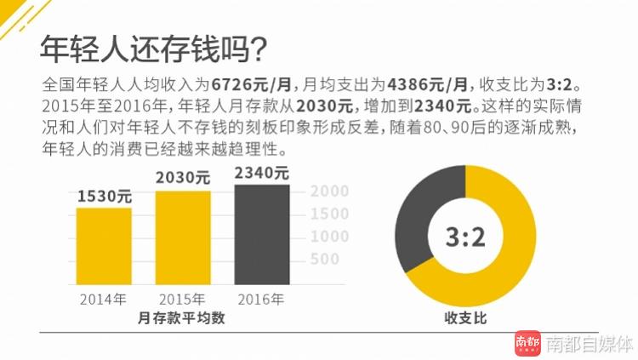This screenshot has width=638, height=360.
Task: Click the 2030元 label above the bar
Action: coord(183,178)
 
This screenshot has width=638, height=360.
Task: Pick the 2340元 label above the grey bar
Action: coord(262,173)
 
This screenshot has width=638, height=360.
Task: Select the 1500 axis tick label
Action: coord(332,214)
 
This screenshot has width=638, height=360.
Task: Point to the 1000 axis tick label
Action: coord(332,236)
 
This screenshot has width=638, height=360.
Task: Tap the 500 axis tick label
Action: coord(325,258)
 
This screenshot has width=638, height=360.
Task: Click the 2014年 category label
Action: coord(104,299)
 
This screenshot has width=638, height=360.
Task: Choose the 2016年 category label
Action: coord(262,299)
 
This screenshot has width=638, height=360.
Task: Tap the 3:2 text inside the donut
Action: coord(465,237)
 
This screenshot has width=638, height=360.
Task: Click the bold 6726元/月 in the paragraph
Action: coord(253,86)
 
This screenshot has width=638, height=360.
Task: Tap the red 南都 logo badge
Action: coord(527,343)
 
